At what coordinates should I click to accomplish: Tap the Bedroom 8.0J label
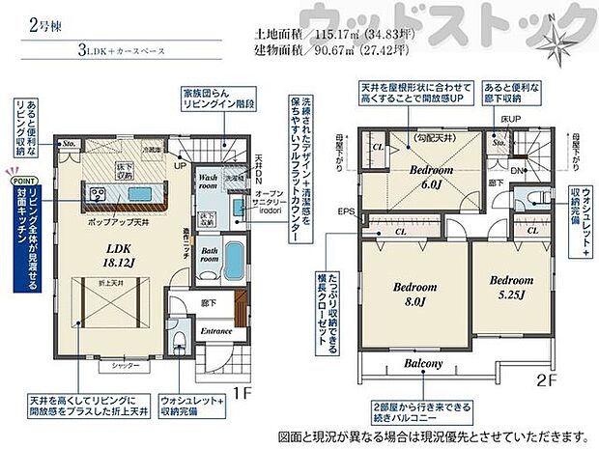pos(414,294)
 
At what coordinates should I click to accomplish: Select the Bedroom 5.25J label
pos(511,286)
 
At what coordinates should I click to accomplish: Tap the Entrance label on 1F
pos(215,331)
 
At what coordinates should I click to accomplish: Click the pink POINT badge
pos(22,180)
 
